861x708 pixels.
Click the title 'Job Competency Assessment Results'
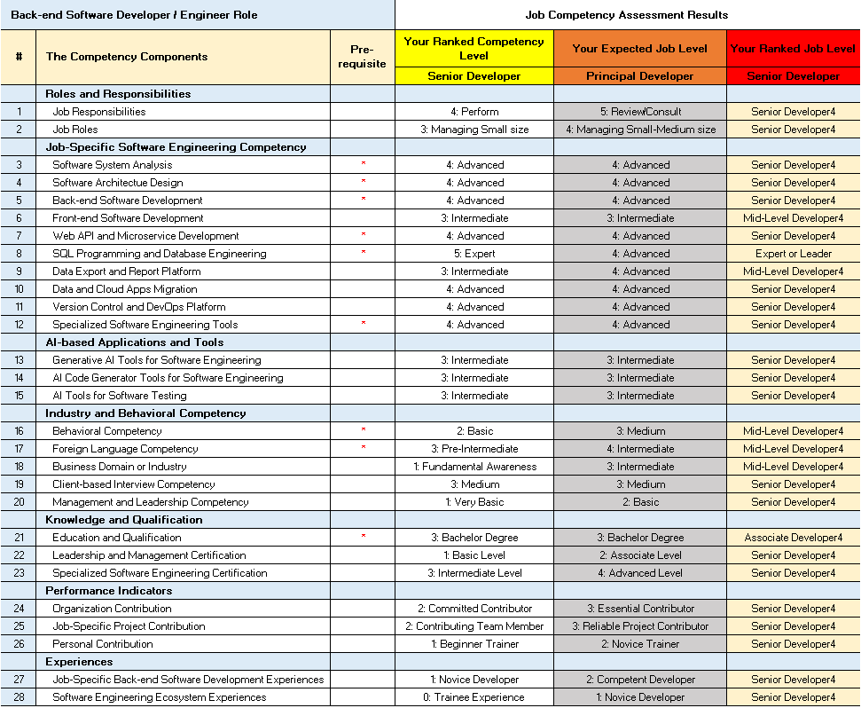626,15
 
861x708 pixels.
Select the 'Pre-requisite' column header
363,56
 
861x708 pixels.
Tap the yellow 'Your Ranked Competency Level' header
474,48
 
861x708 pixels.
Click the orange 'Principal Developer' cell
640,76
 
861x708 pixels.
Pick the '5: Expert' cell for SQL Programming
474,254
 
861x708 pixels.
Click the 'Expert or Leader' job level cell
794,254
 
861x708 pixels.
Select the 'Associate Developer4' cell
794,538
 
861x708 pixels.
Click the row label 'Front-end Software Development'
128,218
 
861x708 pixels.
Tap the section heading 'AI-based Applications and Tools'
135,342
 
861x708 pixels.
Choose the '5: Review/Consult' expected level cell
640,112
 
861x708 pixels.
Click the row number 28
19,697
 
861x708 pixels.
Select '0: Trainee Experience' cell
474,697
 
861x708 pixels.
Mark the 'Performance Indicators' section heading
109,591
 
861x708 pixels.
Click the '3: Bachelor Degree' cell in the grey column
640,538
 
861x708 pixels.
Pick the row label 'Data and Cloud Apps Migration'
125,289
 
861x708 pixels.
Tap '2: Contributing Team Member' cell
474,626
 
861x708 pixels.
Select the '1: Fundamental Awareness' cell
474,467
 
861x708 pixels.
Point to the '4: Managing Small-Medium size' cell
640,130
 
